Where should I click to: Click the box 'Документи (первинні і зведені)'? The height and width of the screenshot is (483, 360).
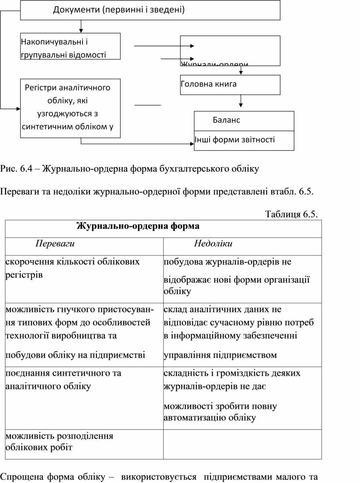(150, 10)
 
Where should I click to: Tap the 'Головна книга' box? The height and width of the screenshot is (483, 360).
(230, 85)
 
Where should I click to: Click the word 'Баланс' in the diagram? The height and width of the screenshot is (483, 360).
(226, 120)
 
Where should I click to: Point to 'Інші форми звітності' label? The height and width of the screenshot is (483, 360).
(235, 140)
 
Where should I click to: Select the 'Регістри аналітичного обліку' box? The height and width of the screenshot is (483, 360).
(70, 107)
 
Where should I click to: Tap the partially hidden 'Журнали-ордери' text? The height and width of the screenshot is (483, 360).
(214, 64)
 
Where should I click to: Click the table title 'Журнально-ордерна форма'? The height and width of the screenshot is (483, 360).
(138, 226)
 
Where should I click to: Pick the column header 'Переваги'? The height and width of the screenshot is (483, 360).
(55, 244)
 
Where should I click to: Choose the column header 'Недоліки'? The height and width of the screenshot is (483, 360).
(213, 244)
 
